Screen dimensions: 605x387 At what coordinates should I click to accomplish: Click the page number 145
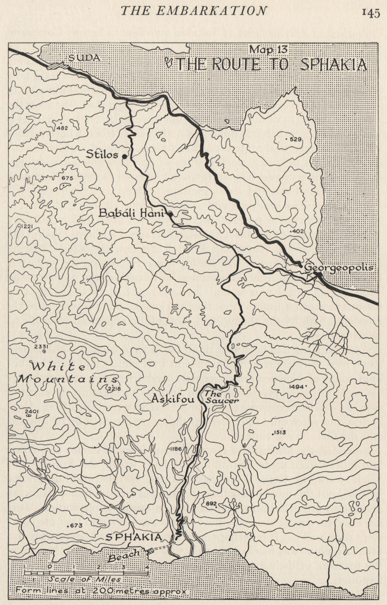pyautogui.click(x=370, y=12)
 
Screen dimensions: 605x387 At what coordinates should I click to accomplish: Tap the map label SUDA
pyautogui.click(x=84, y=57)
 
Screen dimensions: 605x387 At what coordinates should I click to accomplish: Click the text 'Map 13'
pyautogui.click(x=268, y=49)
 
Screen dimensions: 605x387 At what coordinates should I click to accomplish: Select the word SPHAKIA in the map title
pyautogui.click(x=333, y=65)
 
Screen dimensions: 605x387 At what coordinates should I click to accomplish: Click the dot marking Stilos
pyautogui.click(x=124, y=155)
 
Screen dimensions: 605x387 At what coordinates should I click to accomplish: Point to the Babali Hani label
pyautogui.click(x=131, y=213)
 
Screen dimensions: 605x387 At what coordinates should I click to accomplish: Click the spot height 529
pyautogui.click(x=295, y=140)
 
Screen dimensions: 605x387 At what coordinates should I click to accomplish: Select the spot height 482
pyautogui.click(x=62, y=128)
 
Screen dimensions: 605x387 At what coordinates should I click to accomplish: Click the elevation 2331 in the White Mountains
pyautogui.click(x=40, y=347)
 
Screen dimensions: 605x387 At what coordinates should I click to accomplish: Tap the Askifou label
pyautogui.click(x=172, y=399)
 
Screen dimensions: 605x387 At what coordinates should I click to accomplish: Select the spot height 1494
pyautogui.click(x=296, y=387)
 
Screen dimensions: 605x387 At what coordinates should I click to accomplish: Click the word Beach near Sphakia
pyautogui.click(x=123, y=555)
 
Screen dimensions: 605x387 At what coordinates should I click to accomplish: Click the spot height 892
pyautogui.click(x=212, y=504)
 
